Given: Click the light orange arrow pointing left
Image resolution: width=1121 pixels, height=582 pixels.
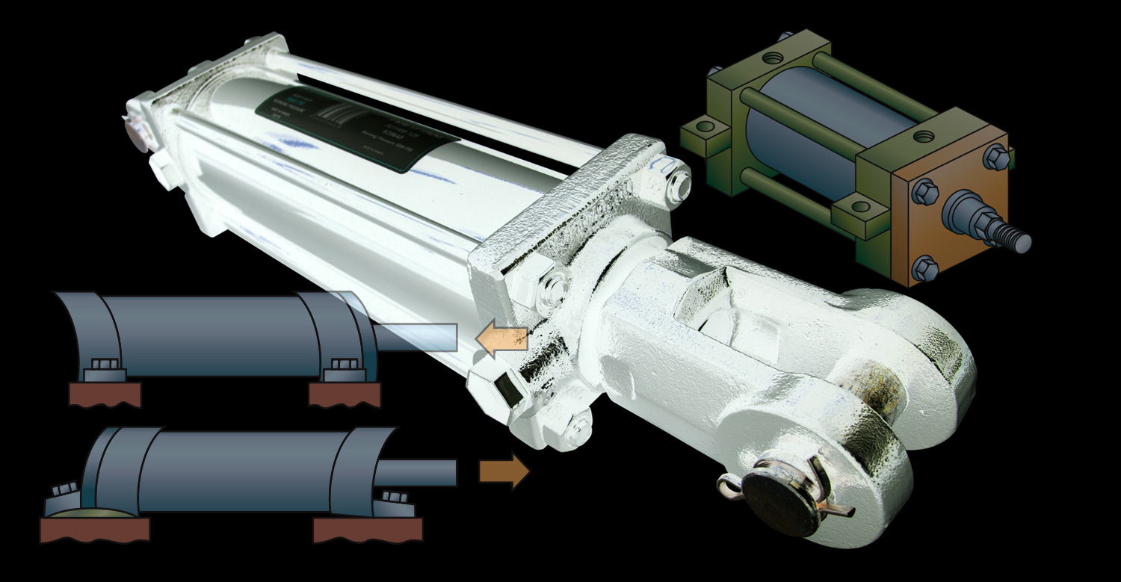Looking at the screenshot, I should point(501,338).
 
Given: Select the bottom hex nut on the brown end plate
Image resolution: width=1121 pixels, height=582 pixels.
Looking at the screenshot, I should point(925,267).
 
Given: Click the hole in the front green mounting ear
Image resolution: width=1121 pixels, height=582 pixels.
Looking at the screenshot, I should point(861,206).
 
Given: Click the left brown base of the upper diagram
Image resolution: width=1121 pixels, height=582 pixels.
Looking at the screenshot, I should point(105,394).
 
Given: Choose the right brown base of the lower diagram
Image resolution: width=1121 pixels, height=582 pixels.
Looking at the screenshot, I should point(367,529).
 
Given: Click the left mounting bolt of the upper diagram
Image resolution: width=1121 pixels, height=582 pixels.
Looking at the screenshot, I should point(105,366).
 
